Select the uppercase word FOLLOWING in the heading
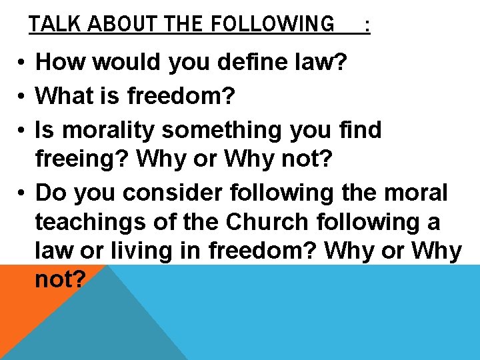pos(273,24)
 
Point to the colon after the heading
pos(367,25)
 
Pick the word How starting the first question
pos(61,62)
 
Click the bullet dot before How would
pos(22,63)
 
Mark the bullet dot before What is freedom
pos(22,97)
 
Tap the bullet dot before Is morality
pos(22,131)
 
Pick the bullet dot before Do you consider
pos(22,194)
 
